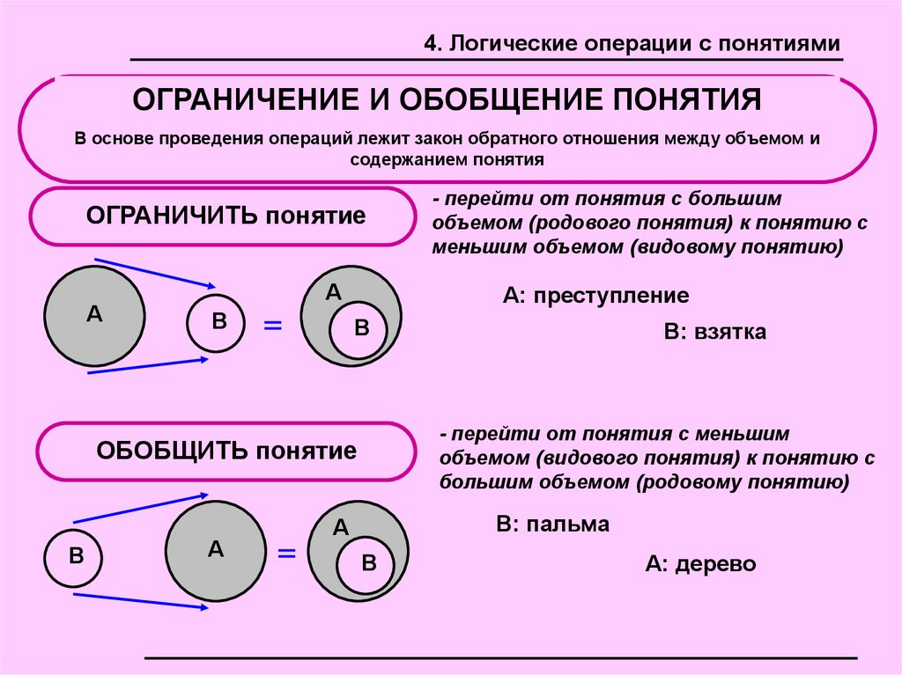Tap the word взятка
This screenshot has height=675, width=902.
click(x=729, y=333)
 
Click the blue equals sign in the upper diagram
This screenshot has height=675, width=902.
click(x=273, y=326)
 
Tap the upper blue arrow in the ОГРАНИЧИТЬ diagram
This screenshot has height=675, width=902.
click(x=155, y=271)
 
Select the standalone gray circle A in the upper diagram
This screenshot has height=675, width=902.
click(x=94, y=315)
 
